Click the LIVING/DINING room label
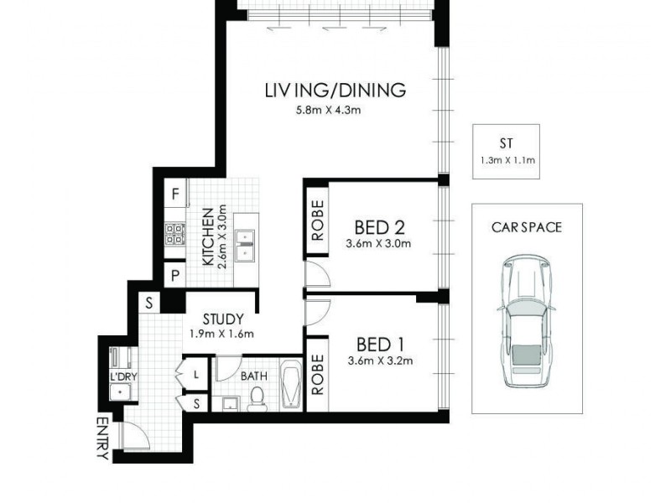pos(335,90)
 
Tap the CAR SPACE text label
pos(526,226)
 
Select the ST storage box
pos(506,152)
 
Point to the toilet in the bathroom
pos(258,402)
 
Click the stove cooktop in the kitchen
pos(175,234)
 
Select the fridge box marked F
pos(175,193)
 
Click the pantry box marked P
pos(175,274)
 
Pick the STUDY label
pos(223,319)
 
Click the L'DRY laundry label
pos(123,376)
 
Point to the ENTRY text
pos(102,438)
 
